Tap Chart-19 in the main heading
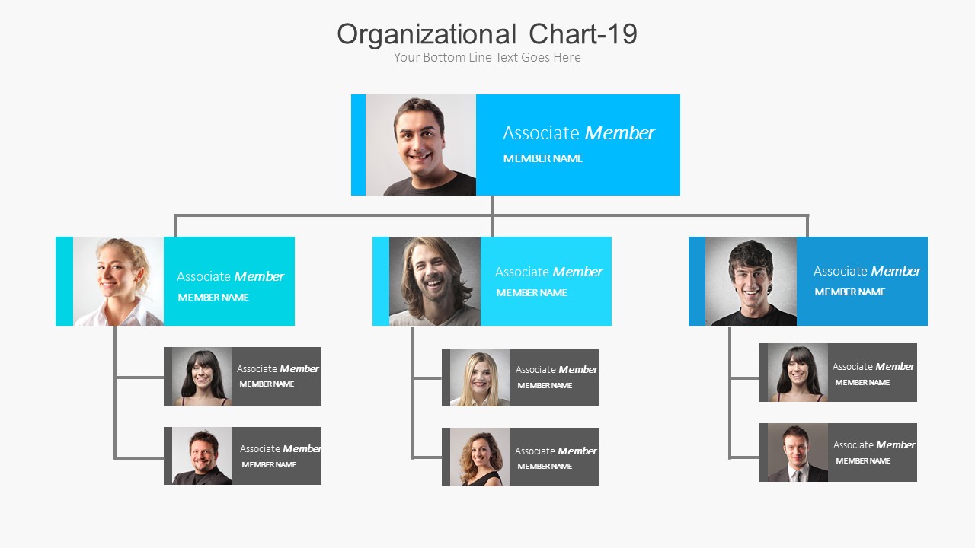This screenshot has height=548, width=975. point(583,34)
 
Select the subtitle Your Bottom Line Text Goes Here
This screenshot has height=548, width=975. point(487,57)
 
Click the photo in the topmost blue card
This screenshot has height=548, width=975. point(420,145)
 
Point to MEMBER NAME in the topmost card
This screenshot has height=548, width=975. point(543,158)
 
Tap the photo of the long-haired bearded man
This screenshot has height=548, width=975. point(435,281)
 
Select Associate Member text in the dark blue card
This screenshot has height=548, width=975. point(867,271)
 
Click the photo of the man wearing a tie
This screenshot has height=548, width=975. point(798,452)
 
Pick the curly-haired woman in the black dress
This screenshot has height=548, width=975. point(480,457)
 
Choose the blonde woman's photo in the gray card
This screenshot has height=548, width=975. point(480,378)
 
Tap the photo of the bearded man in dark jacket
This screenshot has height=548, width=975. point(202,456)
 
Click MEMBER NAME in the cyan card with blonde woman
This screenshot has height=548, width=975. point(213,298)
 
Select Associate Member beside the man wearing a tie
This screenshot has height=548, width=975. point(874,445)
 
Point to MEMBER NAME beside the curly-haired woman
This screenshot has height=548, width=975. point(545,467)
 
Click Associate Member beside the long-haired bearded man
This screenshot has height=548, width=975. point(548,272)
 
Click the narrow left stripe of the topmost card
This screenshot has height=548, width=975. point(358,145)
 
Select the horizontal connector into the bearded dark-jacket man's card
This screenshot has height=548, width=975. point(139,458)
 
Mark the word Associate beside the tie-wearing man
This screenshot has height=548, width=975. point(853,445)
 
